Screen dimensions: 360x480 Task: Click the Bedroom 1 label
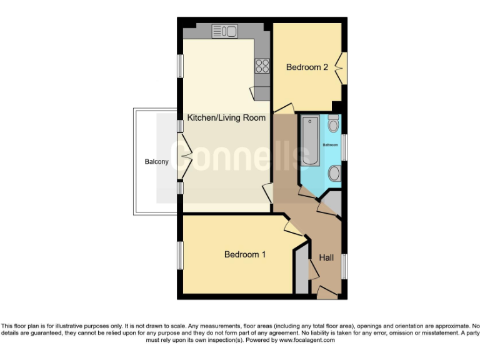[x=245, y=254]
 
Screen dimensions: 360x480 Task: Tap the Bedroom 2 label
[x=307, y=67]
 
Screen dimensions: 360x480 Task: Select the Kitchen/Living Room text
[x=227, y=117]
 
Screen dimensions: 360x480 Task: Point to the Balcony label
[x=156, y=162]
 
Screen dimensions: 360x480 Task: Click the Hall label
[x=326, y=257]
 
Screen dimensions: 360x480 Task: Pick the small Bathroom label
[x=330, y=145]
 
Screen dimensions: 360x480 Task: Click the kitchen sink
[x=224, y=31]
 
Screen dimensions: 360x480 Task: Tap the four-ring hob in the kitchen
[x=262, y=66]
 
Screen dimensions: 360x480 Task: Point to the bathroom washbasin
[x=334, y=172]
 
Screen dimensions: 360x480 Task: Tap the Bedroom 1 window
[x=180, y=256]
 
